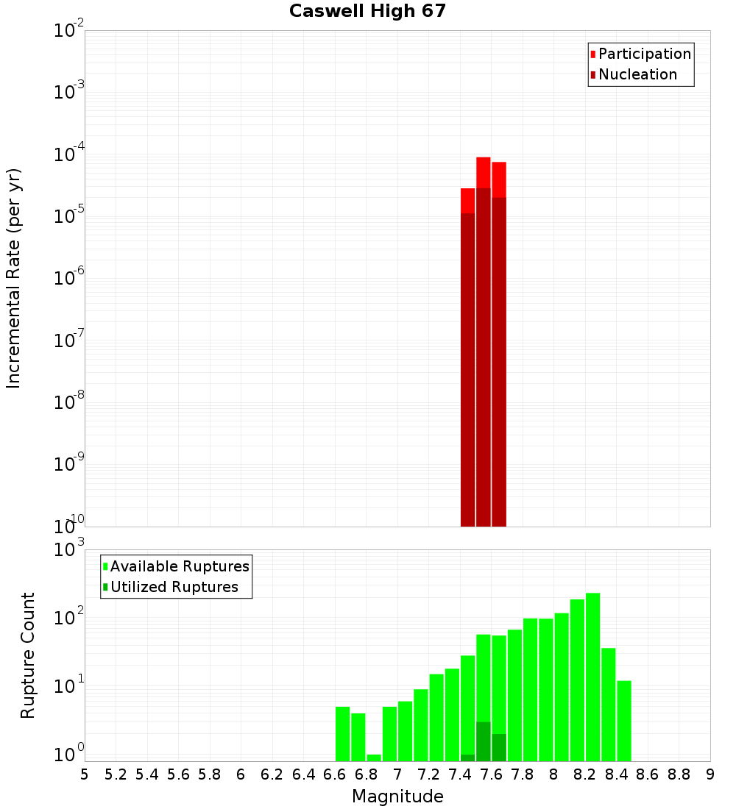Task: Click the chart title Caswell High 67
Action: click(x=367, y=12)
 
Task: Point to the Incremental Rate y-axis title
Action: click(x=14, y=278)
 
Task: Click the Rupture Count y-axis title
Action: click(x=28, y=655)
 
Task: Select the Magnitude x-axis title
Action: click(x=397, y=796)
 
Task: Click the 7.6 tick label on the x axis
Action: click(x=460, y=774)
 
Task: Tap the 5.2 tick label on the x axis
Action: click(x=116, y=774)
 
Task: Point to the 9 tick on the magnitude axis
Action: click(x=710, y=774)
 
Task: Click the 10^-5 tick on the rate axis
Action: click(x=69, y=215)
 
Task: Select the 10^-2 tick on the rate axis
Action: click(x=69, y=30)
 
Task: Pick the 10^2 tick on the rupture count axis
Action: click(x=71, y=617)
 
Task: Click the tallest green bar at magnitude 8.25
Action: click(x=592, y=677)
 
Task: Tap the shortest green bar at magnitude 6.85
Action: click(x=374, y=758)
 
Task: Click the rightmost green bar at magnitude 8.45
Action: click(x=624, y=721)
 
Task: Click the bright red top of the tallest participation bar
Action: click(x=483, y=172)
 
